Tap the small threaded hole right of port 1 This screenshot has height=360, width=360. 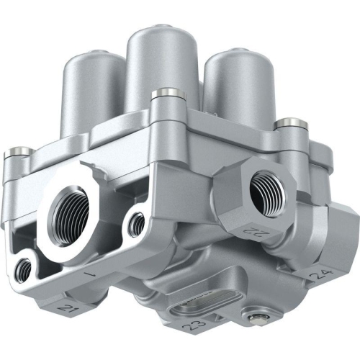(135, 225)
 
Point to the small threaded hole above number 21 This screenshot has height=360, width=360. (24, 269)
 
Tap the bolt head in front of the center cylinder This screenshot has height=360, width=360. (165, 93)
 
